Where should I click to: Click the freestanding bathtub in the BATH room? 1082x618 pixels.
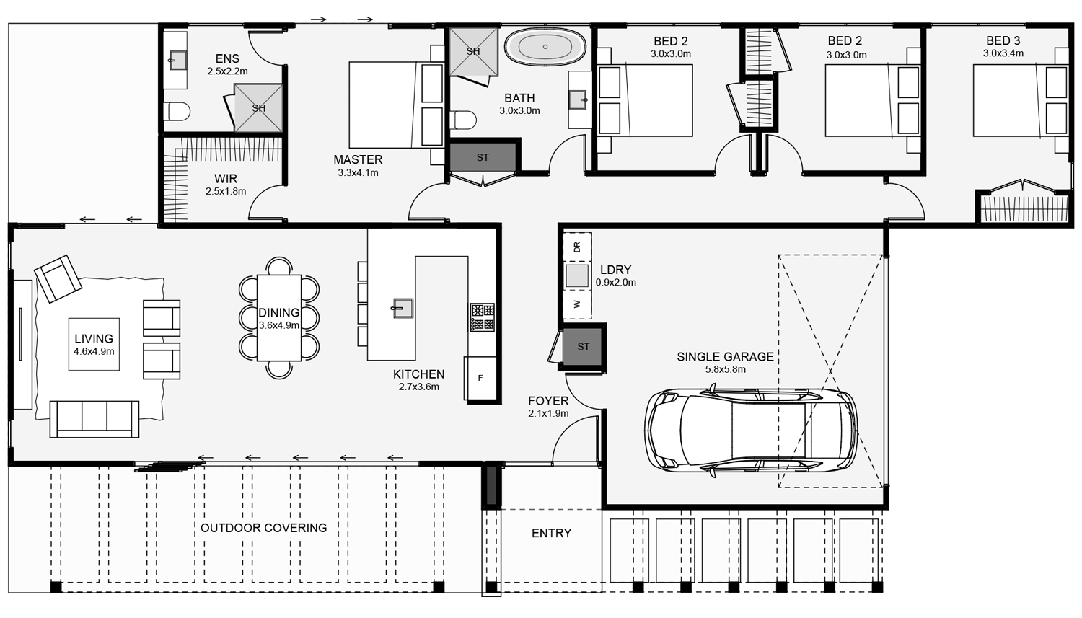[545, 47]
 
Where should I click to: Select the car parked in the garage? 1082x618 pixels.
[751, 431]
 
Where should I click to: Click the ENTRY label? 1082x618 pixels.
[551, 533]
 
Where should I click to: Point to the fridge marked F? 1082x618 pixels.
[480, 378]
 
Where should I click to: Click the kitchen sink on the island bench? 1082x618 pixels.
[403, 307]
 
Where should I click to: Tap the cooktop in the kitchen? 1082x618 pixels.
[483, 317]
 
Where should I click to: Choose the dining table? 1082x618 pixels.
[278, 318]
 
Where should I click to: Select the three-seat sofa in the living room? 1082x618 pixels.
[94, 419]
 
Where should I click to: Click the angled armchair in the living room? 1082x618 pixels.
[58, 278]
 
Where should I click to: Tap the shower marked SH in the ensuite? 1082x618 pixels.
[258, 107]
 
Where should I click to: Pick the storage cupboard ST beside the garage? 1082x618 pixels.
[583, 346]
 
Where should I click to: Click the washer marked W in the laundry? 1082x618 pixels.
[577, 304]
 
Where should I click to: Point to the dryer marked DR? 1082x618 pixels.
[577, 247]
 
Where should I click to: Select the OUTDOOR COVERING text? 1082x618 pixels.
[264, 528]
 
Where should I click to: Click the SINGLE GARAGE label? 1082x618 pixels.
[725, 357]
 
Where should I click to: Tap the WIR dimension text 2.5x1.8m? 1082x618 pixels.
[226, 191]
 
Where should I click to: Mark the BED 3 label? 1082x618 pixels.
[1003, 41]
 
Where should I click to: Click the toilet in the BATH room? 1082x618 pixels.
[463, 120]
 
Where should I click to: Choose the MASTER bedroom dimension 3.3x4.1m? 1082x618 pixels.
[358, 172]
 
